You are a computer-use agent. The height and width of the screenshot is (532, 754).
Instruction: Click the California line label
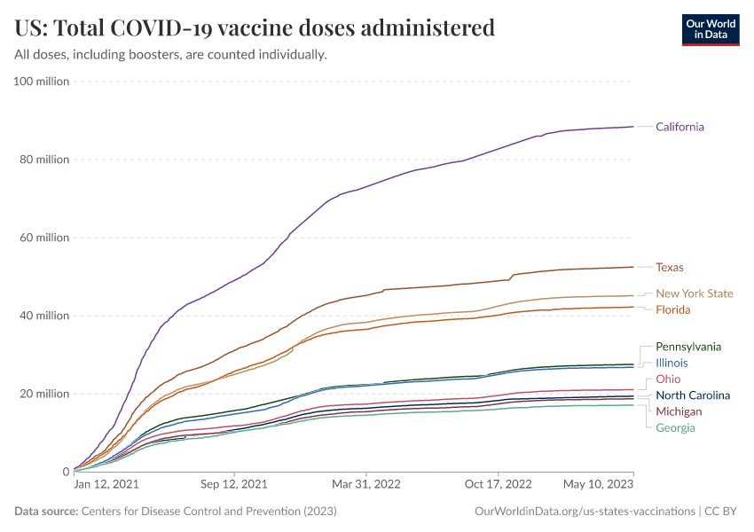coord(679,127)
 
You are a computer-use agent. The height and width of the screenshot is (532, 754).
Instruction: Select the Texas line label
coord(669,267)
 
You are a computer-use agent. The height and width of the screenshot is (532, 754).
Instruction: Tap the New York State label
coord(694,293)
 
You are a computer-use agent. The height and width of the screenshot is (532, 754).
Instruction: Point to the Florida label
coord(672,309)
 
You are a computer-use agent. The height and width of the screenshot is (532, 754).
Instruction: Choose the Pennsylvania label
coord(688,347)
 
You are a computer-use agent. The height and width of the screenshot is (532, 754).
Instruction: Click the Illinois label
coord(672,363)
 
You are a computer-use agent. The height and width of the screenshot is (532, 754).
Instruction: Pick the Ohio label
coord(668,379)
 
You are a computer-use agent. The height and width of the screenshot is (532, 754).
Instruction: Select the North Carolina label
coord(693,395)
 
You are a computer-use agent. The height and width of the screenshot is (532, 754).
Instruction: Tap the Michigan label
coord(679,411)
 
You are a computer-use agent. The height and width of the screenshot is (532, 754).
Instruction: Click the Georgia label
coord(675,427)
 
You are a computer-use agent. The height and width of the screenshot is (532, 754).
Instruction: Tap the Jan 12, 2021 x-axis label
coord(106,485)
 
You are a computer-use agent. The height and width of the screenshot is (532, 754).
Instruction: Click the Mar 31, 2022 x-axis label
coord(365,485)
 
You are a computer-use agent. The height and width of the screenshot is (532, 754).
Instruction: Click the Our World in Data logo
coord(710,28)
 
